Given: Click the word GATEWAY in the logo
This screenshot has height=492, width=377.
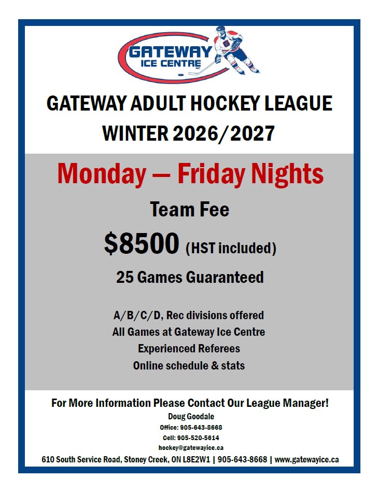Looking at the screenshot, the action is click(x=171, y=52).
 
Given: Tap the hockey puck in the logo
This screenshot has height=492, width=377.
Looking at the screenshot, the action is click(x=180, y=75).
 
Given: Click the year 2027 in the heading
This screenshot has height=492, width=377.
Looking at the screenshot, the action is click(x=252, y=133).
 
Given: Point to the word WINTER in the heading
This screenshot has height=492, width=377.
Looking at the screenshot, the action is click(x=135, y=133).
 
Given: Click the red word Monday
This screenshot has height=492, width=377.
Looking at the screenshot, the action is click(x=102, y=174).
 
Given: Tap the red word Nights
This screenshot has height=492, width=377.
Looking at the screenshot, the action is click(x=287, y=174).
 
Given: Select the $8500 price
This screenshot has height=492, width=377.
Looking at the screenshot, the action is click(x=142, y=243).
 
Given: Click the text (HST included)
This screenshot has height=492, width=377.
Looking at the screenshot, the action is click(x=231, y=248).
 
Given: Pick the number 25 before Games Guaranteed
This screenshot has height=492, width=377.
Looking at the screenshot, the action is click(x=125, y=277).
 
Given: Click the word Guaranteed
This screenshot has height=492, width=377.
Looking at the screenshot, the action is click(x=225, y=277).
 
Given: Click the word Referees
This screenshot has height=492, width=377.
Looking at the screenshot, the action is click(x=219, y=349).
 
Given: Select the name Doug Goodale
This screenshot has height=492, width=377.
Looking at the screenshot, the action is click(x=191, y=416).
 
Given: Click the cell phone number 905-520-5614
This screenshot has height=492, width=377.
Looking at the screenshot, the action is click(x=198, y=438).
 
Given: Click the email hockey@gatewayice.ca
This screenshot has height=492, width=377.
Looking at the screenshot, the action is click(x=191, y=448).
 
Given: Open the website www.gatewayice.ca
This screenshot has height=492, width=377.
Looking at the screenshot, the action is click(x=307, y=460).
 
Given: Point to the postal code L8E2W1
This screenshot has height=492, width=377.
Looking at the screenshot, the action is click(x=196, y=460).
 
